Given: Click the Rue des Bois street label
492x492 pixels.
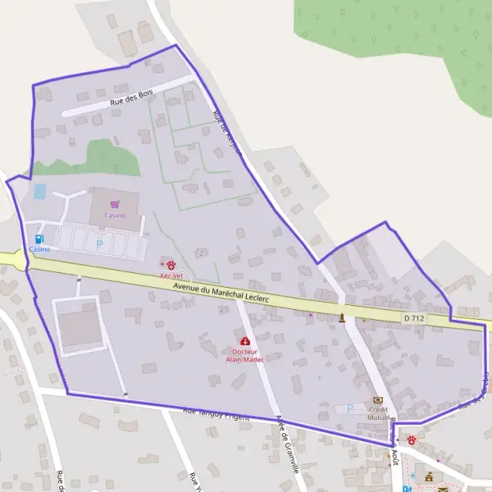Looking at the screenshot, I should coord(132,98).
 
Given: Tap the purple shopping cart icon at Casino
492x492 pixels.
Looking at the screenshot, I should coord(115,204).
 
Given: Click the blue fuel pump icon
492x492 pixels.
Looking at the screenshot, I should coord(39,239).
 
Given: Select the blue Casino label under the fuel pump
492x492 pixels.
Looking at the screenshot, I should coord(39,248).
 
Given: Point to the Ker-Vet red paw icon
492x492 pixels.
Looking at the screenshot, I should coord(171,265).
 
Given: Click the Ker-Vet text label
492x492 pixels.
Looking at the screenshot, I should coord(171,276).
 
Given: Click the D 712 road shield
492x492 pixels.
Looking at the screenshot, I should coord(414,317).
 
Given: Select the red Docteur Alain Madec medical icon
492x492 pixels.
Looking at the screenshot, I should coord(244,341).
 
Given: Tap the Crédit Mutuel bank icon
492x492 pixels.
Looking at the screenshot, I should coord(378,399).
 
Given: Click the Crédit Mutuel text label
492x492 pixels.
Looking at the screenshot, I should coord(378,413).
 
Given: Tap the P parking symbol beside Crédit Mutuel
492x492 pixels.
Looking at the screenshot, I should coord(351,408).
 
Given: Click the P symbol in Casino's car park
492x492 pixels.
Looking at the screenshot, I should coord(101,244).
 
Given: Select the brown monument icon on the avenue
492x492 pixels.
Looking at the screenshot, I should coord(342,317).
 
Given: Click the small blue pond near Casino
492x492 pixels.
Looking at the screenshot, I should coord(39,192).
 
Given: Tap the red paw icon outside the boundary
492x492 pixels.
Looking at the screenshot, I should coord(411,440).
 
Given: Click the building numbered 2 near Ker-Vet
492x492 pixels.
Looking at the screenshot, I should coord(200,252).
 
